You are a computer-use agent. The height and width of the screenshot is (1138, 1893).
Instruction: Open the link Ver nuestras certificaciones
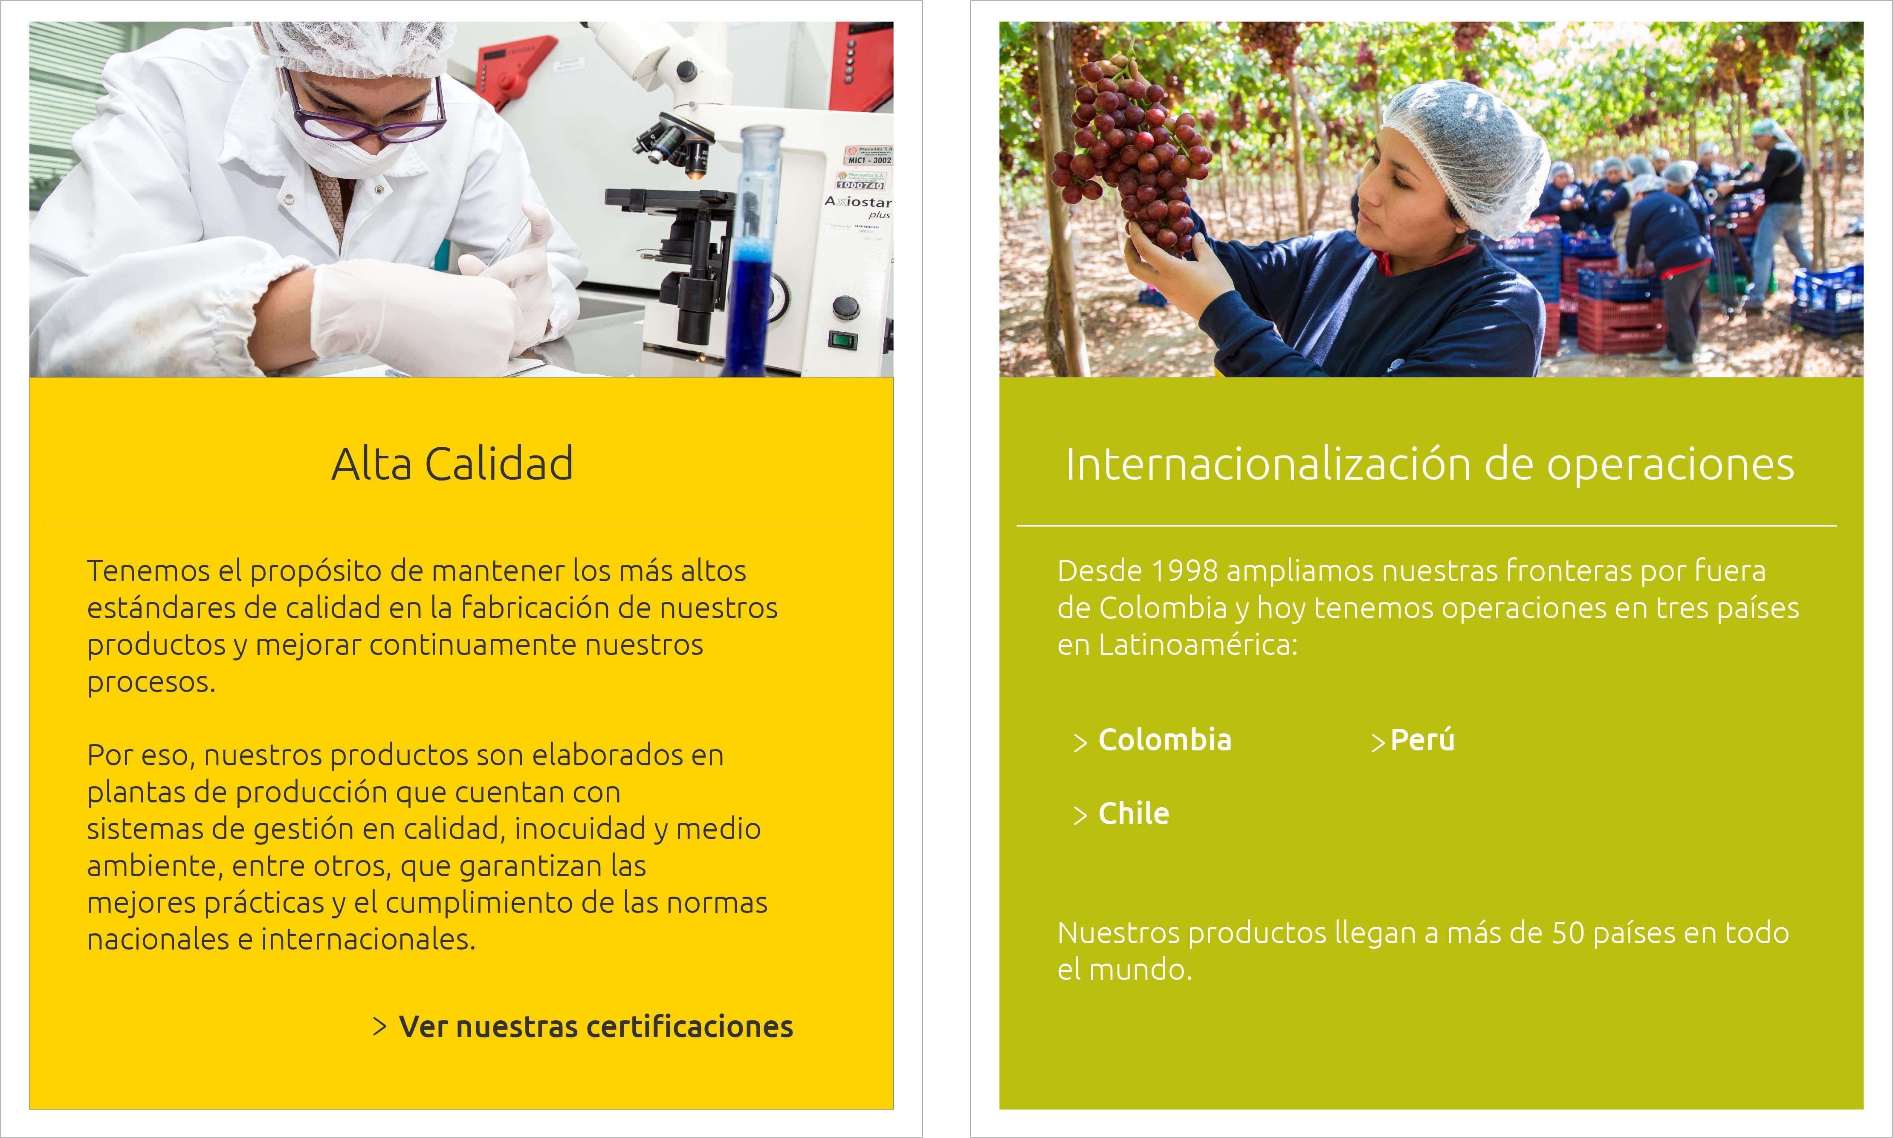pyautogui.click(x=596, y=1027)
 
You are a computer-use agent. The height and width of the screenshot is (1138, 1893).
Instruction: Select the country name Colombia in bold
pyautogui.click(x=1165, y=740)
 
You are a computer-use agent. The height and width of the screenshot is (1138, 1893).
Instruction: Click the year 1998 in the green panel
pyautogui.click(x=1184, y=571)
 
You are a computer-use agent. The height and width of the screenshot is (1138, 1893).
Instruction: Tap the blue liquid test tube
pyautogui.click(x=757, y=253)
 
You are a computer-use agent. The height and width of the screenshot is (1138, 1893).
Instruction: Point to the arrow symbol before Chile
pyautogui.click(x=1081, y=815)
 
